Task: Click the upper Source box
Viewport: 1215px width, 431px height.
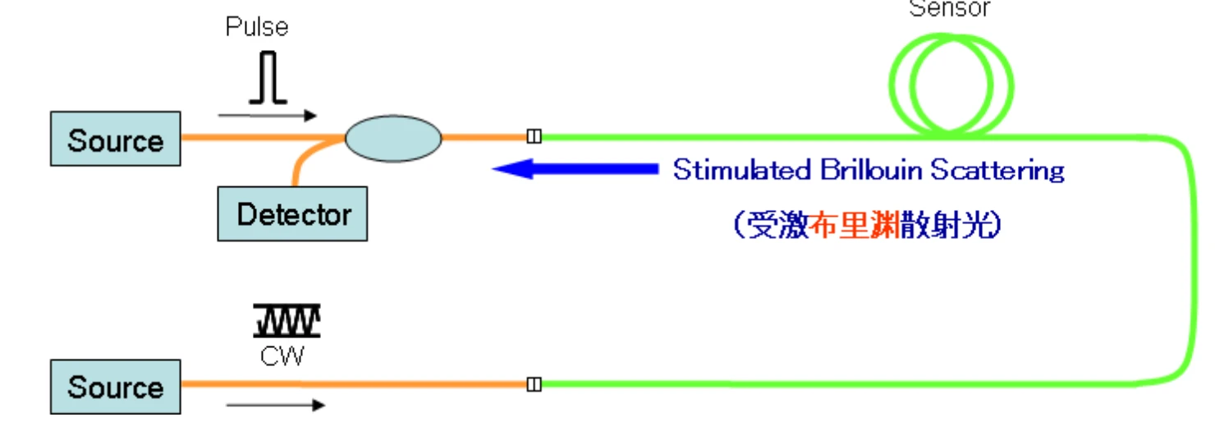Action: (x=115, y=140)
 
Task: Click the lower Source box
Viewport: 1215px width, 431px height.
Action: (x=115, y=386)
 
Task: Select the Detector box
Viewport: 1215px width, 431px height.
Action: (x=292, y=215)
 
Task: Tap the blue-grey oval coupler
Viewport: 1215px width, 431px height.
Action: (x=393, y=138)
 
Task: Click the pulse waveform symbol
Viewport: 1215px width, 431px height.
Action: (x=268, y=79)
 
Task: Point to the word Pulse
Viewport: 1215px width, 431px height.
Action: (x=257, y=27)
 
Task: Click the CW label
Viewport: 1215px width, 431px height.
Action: (x=282, y=355)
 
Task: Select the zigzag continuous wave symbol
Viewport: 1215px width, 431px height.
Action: (x=287, y=321)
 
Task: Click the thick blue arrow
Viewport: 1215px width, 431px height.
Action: (x=575, y=169)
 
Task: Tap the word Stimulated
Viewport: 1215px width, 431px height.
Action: (x=742, y=170)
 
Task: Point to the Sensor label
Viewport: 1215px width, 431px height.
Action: (x=950, y=9)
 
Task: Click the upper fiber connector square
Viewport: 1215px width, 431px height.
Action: (x=534, y=136)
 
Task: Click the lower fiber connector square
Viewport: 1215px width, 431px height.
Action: (x=534, y=383)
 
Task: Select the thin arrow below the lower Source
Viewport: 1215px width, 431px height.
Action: (x=275, y=405)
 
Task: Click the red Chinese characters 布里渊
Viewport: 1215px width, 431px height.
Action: (x=855, y=224)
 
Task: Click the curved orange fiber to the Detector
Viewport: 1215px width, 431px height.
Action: (x=301, y=163)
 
